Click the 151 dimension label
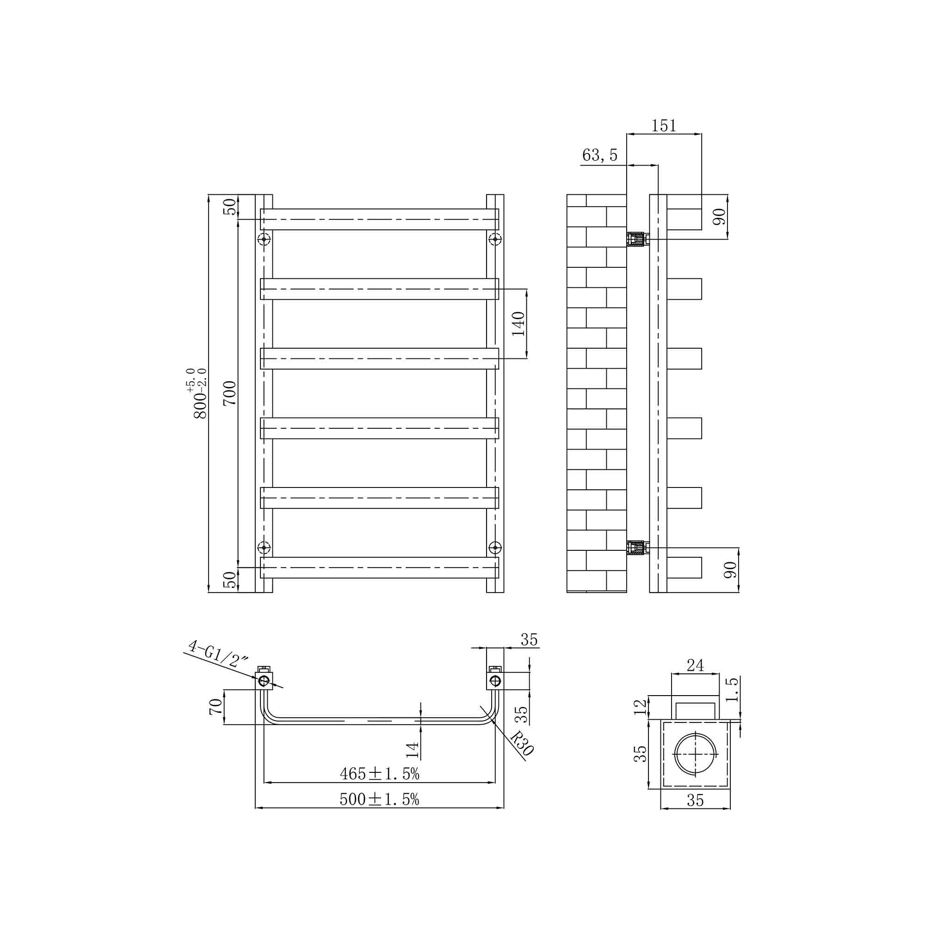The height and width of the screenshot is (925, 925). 664,126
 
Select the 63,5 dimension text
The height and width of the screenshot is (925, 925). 599,155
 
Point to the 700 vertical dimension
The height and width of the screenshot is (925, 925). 230,393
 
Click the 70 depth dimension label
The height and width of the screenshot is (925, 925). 216,707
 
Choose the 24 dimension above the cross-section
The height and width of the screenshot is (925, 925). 695,666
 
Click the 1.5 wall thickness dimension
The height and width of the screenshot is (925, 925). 733,690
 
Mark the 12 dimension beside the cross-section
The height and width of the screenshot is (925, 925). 640,707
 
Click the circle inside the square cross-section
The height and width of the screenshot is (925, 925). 695,754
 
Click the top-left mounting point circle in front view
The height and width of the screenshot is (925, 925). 264,239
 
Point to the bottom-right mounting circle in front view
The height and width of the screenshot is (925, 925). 495,547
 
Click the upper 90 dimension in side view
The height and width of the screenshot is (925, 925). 720,217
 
